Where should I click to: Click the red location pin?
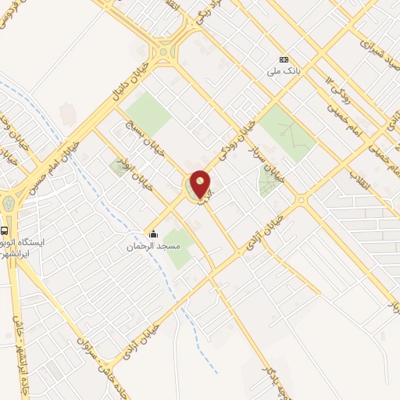(201, 184)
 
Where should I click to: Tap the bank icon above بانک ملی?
(284, 60)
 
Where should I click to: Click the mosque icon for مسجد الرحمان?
(153, 234)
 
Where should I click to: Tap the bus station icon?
(5, 230)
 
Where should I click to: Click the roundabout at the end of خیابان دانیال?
(165, 53)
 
